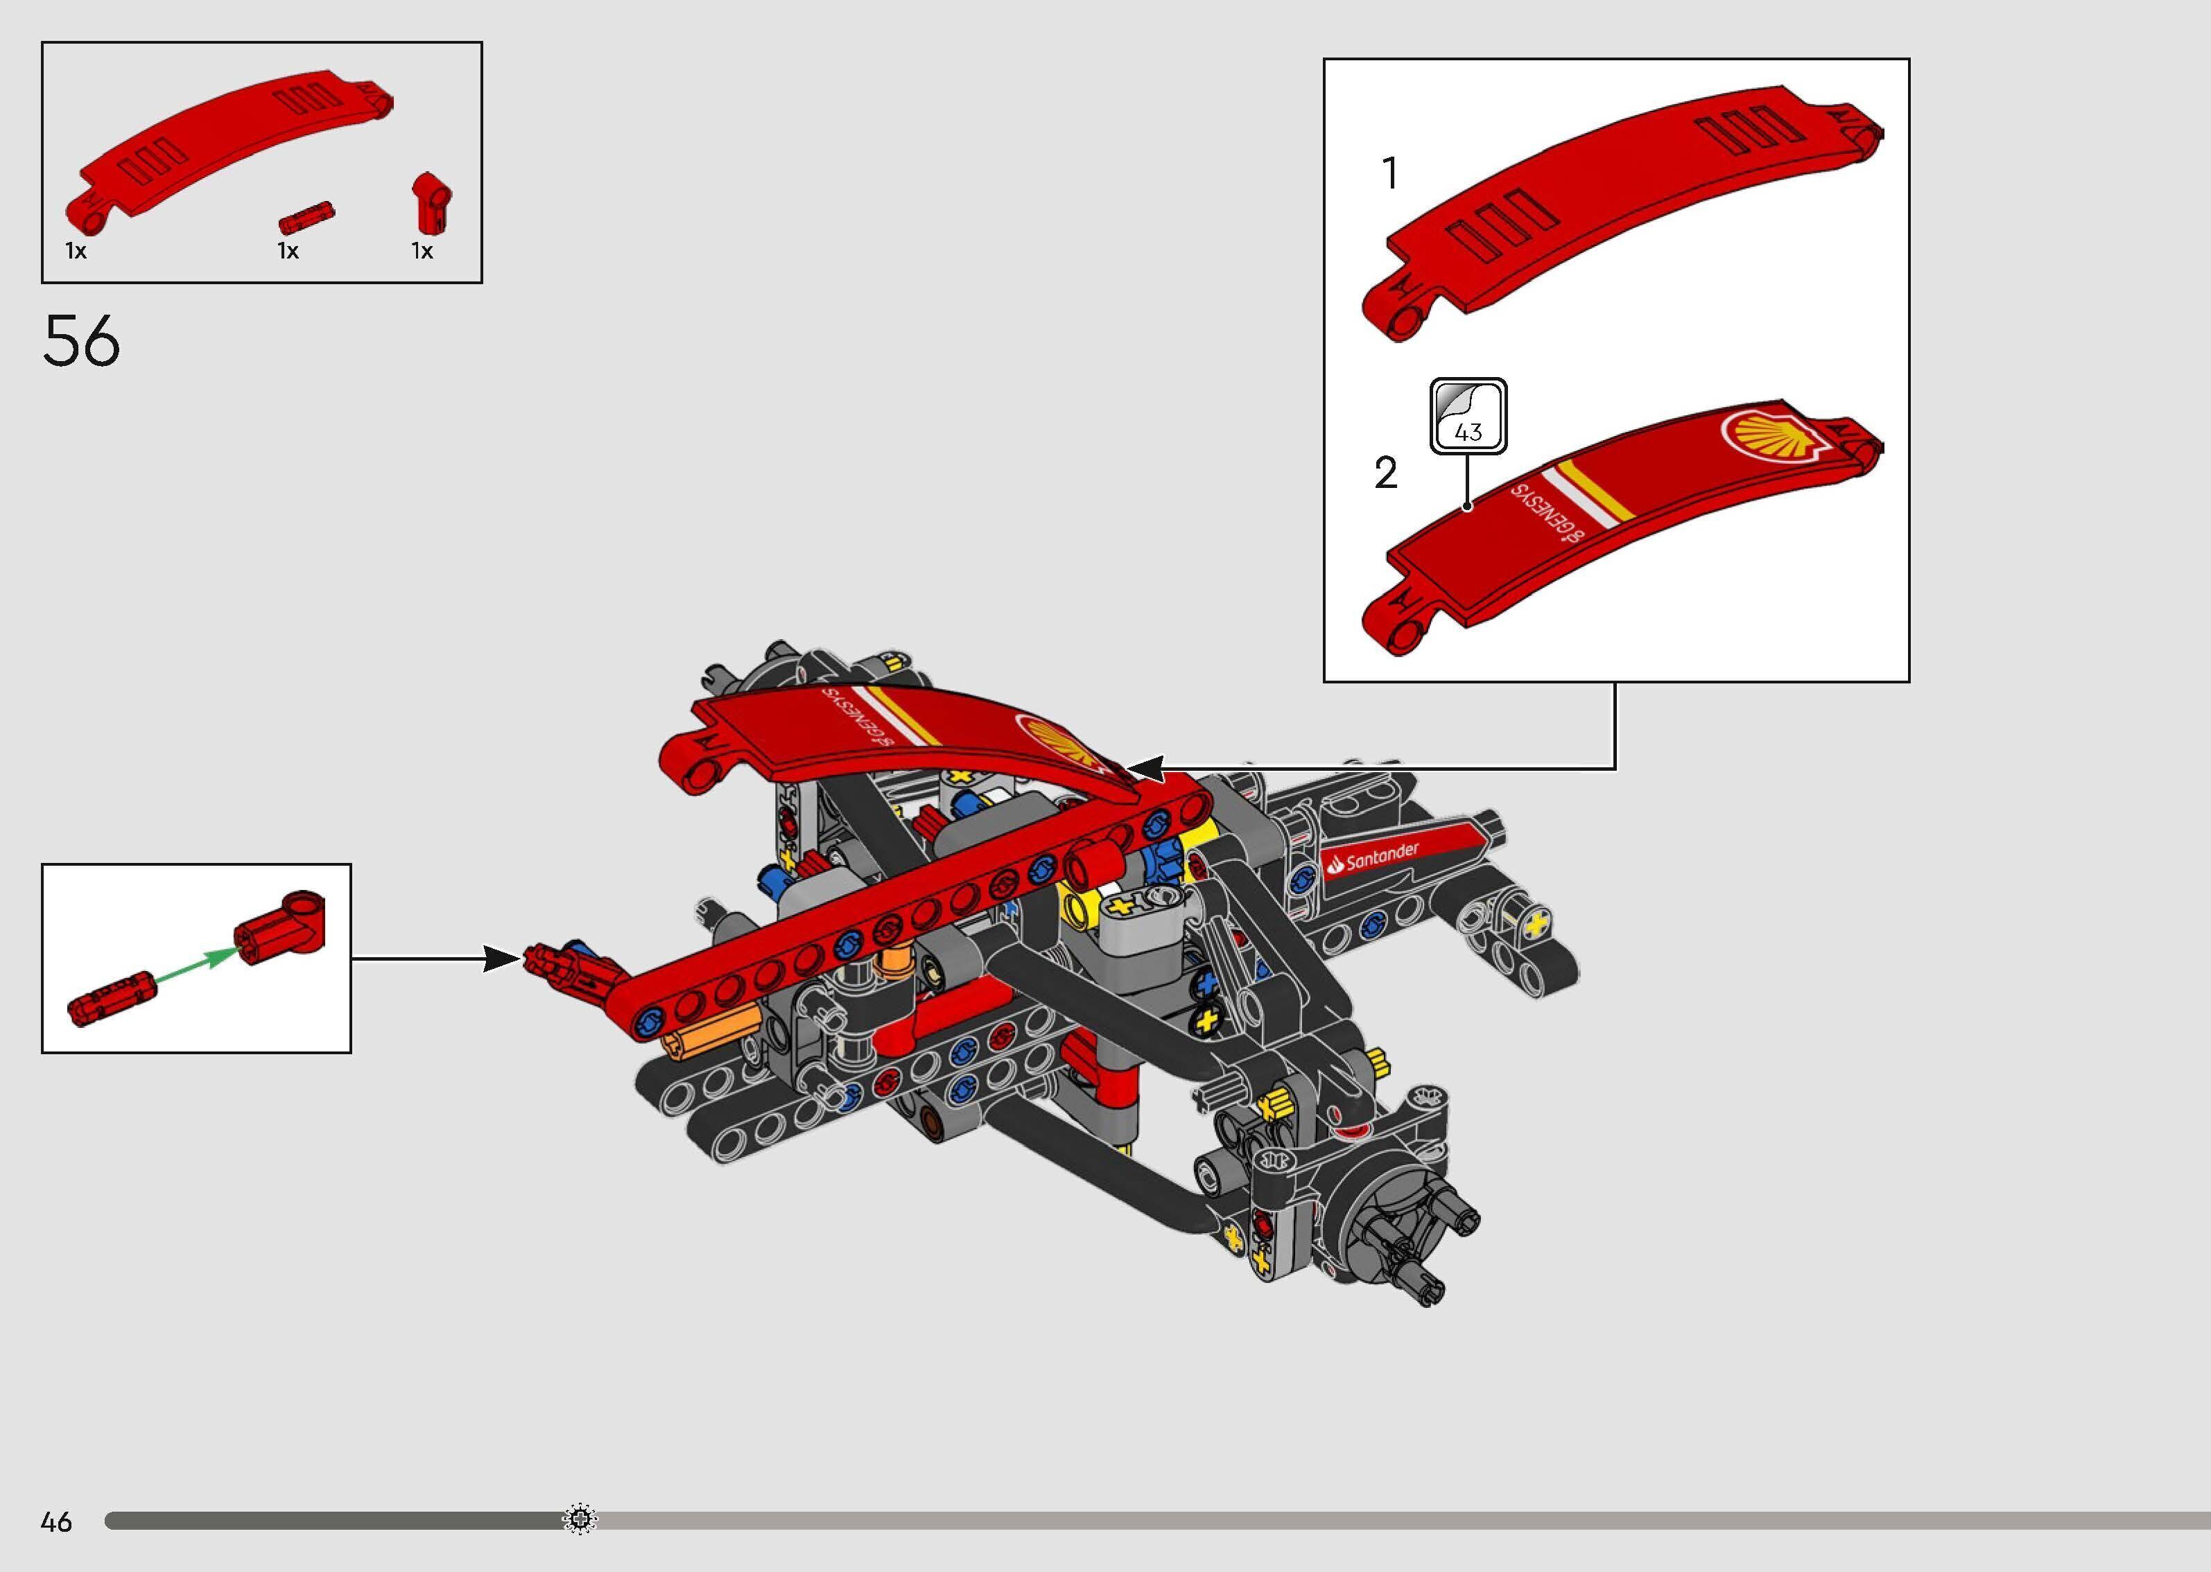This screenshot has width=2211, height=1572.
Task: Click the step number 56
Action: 81,341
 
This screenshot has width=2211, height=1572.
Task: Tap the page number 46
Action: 56,1521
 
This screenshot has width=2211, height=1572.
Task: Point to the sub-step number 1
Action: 1390,174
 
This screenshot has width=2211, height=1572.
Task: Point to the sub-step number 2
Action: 1386,473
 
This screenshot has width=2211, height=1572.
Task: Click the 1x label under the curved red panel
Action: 76,252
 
